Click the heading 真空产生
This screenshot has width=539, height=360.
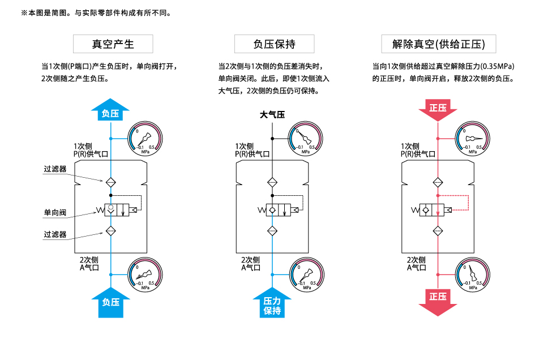click(x=113, y=44)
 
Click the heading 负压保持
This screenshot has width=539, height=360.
click(x=274, y=44)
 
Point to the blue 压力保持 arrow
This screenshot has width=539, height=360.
click(x=272, y=304)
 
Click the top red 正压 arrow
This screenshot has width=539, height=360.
click(x=438, y=110)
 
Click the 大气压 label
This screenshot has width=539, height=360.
click(x=272, y=115)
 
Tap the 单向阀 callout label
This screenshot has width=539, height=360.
click(x=55, y=213)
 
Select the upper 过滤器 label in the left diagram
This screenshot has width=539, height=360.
click(x=55, y=169)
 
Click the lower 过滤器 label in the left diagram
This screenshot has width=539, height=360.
click(x=55, y=234)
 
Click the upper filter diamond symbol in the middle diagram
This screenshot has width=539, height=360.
click(x=272, y=182)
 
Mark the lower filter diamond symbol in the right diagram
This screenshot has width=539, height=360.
click(x=438, y=231)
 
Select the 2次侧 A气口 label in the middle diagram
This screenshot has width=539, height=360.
click(x=251, y=264)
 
